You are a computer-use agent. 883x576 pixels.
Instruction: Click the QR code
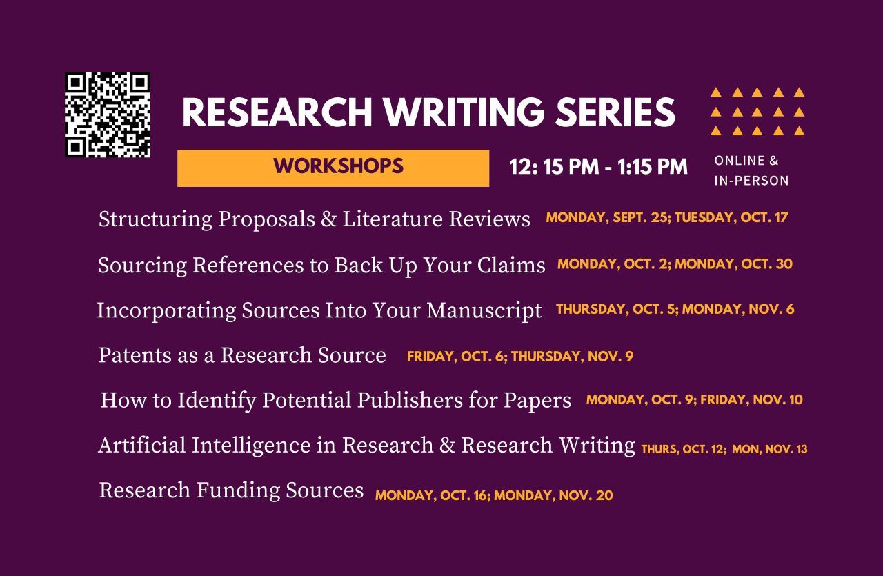(108, 115)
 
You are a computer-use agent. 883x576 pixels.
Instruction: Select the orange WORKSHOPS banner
(333, 168)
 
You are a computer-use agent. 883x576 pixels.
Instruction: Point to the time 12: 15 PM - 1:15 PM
(598, 167)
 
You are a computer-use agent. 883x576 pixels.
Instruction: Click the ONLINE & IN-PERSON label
(751, 170)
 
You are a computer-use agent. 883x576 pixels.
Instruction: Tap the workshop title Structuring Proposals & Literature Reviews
(315, 219)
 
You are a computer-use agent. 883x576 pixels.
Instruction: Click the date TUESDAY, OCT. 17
(731, 218)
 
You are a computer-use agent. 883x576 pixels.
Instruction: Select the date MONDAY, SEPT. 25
(607, 218)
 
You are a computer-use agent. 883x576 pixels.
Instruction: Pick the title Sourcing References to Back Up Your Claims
(321, 266)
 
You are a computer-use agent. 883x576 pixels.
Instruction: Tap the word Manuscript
(484, 311)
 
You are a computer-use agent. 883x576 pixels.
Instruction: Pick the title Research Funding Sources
(231, 490)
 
